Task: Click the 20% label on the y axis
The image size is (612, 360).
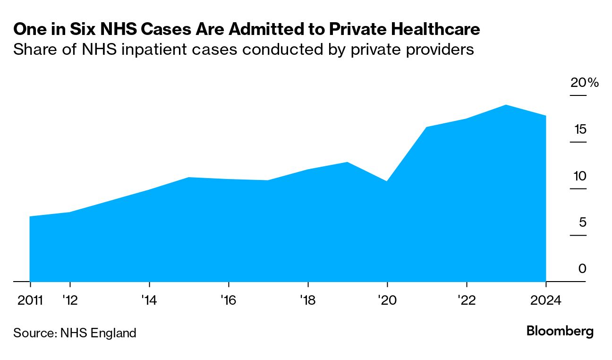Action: click(584, 83)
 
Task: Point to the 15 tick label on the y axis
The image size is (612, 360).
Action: click(580, 129)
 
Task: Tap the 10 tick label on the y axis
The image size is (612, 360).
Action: click(579, 176)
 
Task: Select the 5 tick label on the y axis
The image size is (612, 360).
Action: click(582, 222)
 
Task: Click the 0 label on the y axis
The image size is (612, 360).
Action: click(582, 269)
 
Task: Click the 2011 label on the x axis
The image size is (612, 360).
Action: click(30, 300)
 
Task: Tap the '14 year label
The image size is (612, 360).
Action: click(149, 300)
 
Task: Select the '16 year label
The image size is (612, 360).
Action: click(228, 300)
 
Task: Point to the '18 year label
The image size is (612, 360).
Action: click(307, 300)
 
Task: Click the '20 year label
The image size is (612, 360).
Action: click(387, 300)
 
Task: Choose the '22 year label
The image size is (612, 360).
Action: click(466, 300)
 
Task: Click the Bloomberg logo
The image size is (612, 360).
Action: click(560, 331)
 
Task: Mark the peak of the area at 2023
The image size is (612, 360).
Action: click(506, 105)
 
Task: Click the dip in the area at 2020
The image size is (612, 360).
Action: click(387, 181)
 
